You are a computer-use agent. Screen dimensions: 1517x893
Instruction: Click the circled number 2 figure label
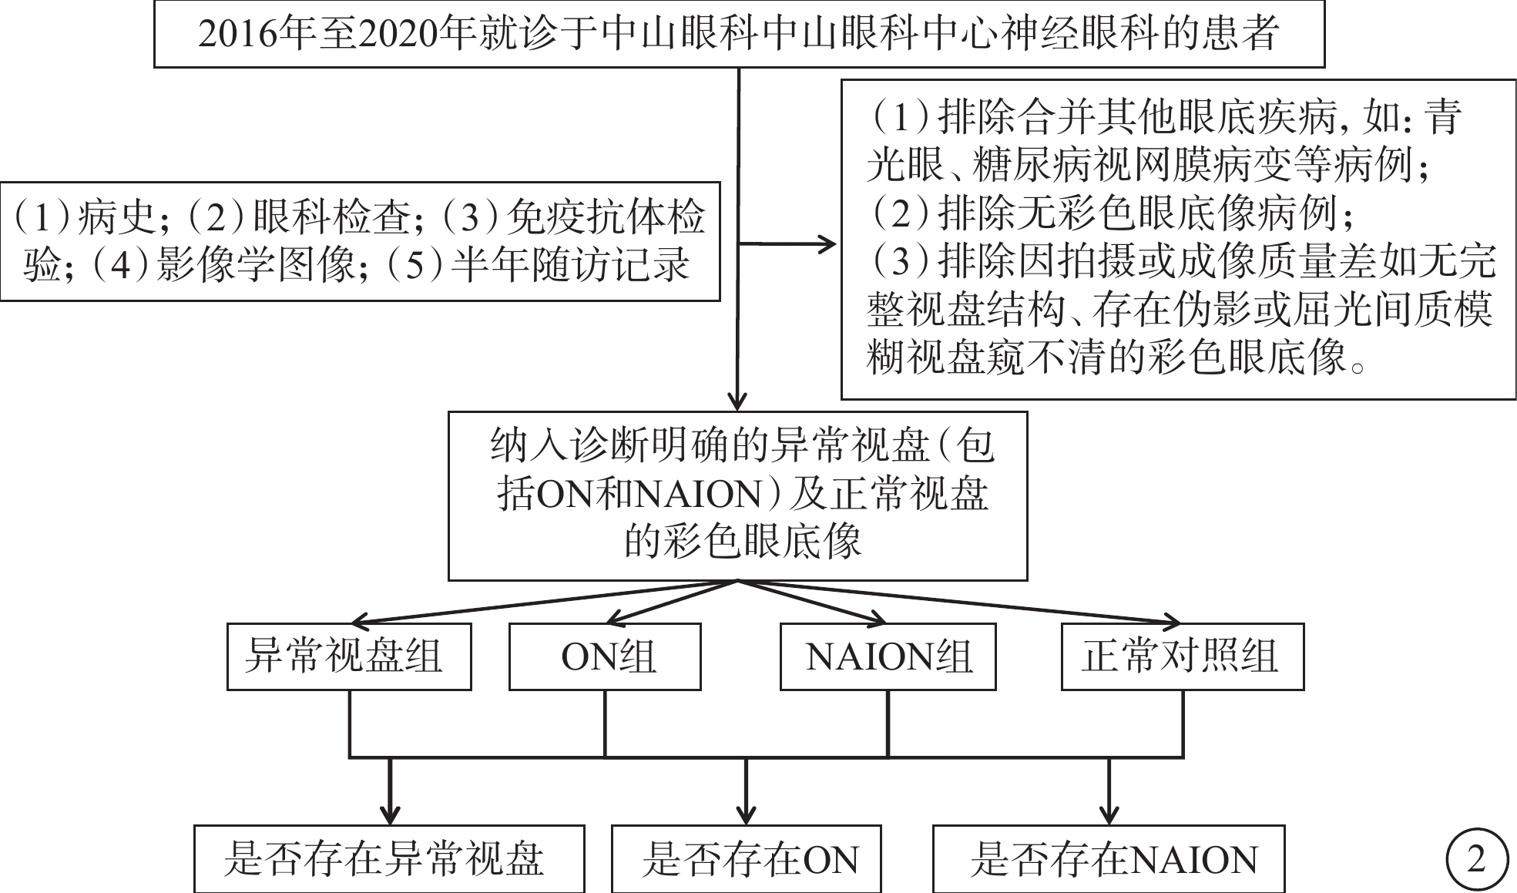[x=1476, y=859]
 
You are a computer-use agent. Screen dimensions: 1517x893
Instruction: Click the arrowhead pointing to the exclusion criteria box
[x=827, y=244]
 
